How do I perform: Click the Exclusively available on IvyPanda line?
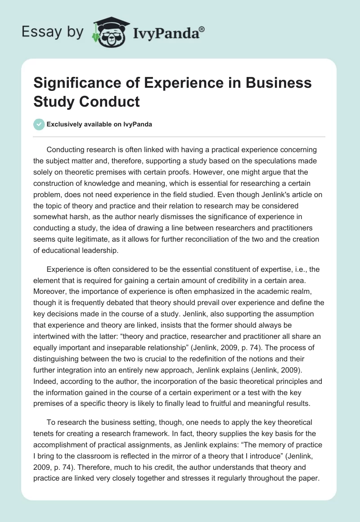pyautogui.click(x=99, y=124)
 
